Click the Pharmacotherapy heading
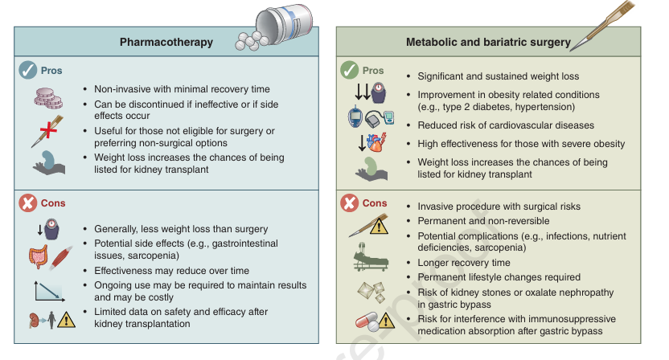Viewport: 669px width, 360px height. pyautogui.click(x=166, y=43)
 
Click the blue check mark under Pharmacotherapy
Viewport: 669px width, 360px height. pyautogui.click(x=28, y=71)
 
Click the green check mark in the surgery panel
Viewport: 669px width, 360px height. pyautogui.click(x=349, y=71)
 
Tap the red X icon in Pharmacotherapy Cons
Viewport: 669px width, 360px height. pyautogui.click(x=28, y=203)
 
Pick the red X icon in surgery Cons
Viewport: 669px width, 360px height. pyautogui.click(x=349, y=203)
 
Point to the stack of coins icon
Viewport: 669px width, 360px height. pyautogui.click(x=47, y=97)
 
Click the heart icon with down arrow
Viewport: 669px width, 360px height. pyautogui.click(x=373, y=145)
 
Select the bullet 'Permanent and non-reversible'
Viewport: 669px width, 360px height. pyautogui.click(x=483, y=221)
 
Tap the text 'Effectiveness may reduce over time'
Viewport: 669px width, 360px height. pyautogui.click(x=171, y=271)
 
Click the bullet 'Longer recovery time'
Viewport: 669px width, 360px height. pyautogui.click(x=464, y=263)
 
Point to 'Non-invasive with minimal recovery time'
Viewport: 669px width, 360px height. pyautogui.click(x=182, y=89)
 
